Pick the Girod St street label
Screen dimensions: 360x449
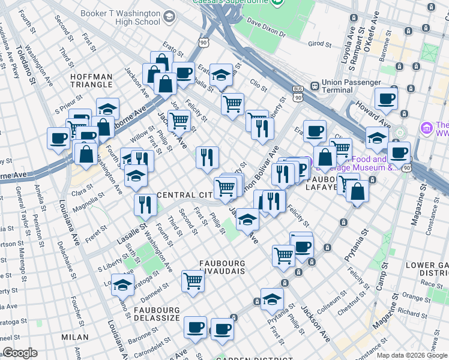319,44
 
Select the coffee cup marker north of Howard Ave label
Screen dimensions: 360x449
386,98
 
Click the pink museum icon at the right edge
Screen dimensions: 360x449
427,128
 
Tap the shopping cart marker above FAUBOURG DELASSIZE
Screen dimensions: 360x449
193,280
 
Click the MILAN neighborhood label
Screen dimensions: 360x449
75,338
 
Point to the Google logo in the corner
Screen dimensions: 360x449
20,353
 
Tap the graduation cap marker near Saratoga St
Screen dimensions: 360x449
122,284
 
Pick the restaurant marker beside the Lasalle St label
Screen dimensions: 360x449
145,205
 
